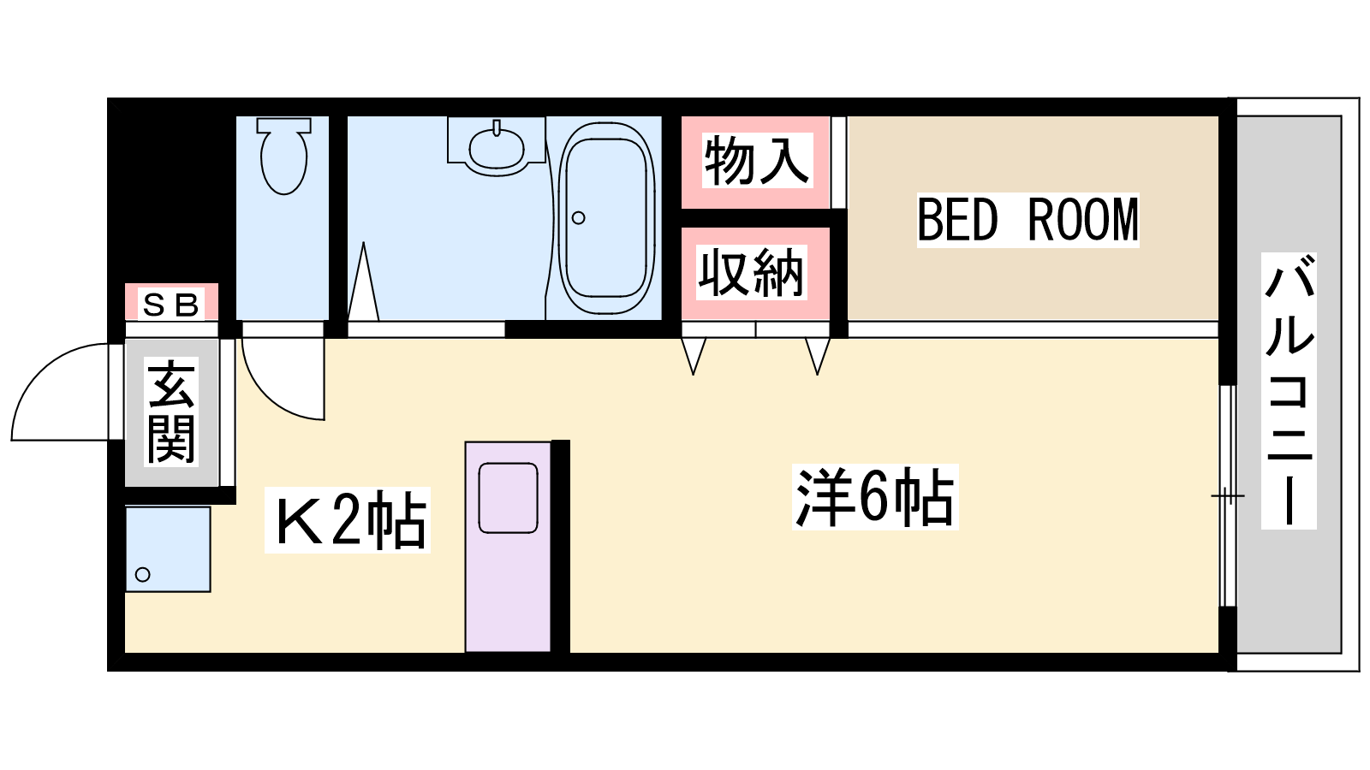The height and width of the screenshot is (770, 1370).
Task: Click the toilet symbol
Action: coord(283,156)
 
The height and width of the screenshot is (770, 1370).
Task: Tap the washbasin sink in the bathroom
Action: coord(496,146)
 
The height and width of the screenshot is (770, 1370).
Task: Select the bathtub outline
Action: coord(606,217)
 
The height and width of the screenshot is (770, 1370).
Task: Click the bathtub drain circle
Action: coord(578,217)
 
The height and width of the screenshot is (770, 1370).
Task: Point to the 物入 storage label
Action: coord(757,160)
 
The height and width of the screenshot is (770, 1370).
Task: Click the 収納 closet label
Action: coord(752,273)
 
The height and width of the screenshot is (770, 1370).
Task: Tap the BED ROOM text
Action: coord(1027,220)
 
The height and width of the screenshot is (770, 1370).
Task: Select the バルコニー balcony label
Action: coord(1289,391)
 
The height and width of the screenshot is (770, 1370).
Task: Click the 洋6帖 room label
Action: coord(874,497)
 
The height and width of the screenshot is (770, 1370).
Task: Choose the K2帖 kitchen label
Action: coord(348,520)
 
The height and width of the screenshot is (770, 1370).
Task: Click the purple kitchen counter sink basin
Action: coord(509,498)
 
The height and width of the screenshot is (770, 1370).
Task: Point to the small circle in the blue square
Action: coord(142,574)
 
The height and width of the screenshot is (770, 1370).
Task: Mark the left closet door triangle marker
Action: coord(694,356)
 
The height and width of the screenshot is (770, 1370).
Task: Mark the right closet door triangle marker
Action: coord(818,356)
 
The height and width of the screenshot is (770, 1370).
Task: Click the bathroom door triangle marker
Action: coord(363,281)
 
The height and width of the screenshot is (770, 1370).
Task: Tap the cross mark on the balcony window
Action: coord(1228,495)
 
